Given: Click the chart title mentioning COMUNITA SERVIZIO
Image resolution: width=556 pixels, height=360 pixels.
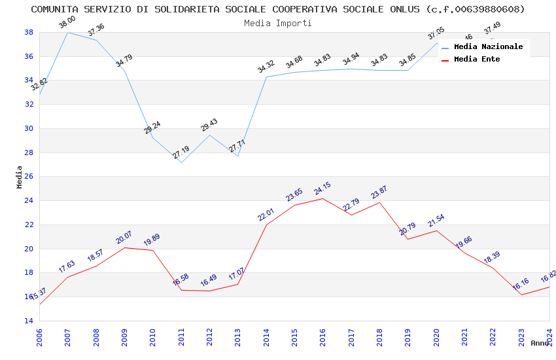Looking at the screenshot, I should click(278, 9).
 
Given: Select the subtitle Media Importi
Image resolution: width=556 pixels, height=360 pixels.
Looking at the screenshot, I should click(278, 23).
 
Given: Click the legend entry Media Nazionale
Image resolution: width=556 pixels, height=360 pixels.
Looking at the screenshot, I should click(488, 47).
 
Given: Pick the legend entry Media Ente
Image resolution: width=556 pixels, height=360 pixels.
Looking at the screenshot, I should click(477, 60).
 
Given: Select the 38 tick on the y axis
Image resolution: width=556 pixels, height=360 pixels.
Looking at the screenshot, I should click(29, 32).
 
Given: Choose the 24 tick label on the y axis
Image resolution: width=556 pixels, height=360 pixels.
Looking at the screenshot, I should click(29, 201).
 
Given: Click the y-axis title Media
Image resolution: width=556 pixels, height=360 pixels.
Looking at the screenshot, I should click(20, 177).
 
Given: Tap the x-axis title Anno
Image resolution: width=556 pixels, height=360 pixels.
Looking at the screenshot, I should click(540, 343).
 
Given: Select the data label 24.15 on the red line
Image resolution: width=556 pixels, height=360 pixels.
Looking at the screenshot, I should click(322, 189).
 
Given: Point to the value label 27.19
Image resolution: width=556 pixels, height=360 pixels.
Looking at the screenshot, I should click(181, 153).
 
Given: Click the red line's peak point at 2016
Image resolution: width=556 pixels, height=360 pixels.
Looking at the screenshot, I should click(322, 198).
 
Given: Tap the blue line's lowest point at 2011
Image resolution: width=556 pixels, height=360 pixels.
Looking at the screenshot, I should click(181, 162).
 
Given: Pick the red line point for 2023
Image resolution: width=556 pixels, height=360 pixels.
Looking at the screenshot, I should click(521, 295).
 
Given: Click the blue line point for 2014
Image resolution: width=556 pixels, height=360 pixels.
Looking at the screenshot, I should click(266, 77).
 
